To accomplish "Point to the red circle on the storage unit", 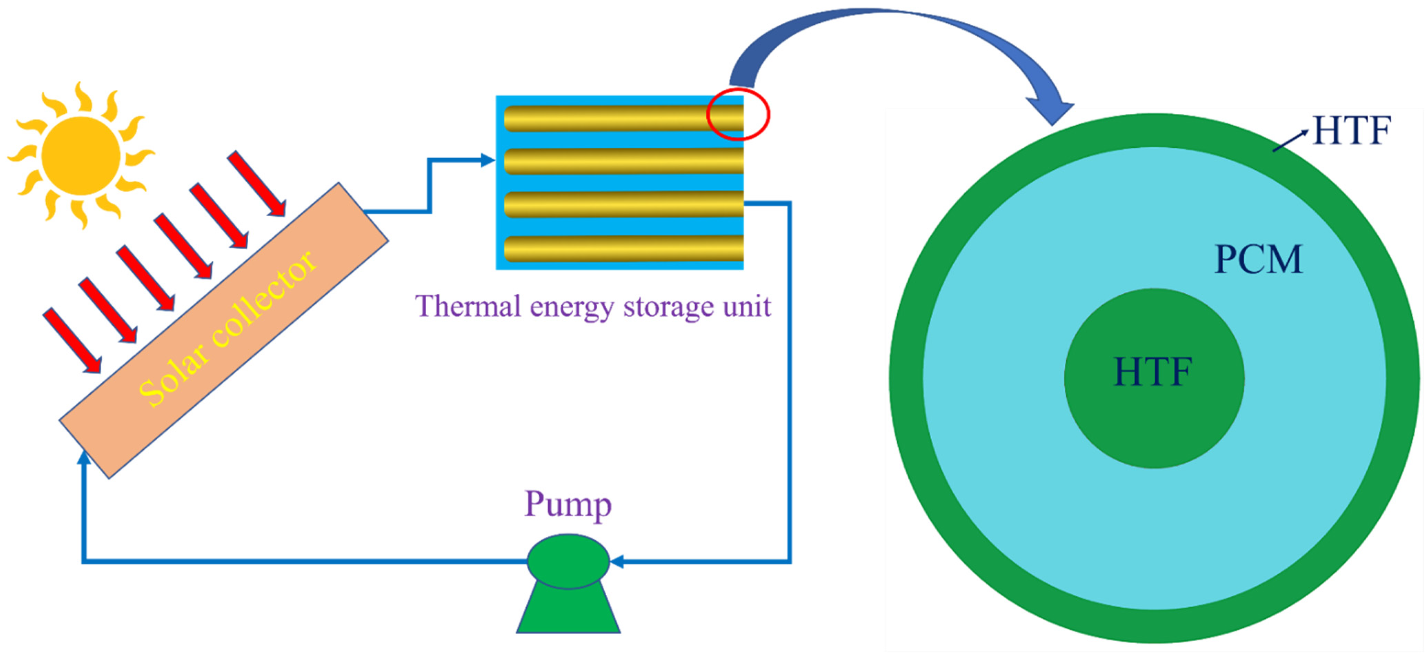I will click(x=738, y=115).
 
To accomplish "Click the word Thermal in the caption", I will click(x=468, y=306).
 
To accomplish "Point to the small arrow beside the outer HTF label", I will click(x=1290, y=141).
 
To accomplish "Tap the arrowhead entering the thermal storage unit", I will click(x=488, y=160).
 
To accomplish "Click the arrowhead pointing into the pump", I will click(x=617, y=561).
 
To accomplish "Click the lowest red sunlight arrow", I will click(x=72, y=340).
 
